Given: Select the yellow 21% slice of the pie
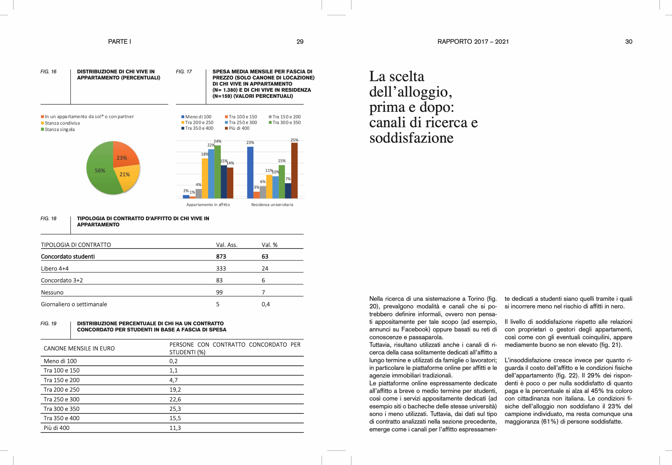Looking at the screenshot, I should click(x=125, y=175).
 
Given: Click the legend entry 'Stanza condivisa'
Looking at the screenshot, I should click(x=62, y=123).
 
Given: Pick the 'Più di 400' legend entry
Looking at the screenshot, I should click(x=239, y=128).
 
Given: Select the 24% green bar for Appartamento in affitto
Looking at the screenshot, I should click(x=218, y=172).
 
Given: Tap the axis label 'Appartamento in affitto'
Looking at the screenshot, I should click(x=208, y=205).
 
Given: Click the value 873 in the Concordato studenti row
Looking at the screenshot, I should click(x=221, y=256).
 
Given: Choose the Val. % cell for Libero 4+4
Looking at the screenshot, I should click(x=265, y=268).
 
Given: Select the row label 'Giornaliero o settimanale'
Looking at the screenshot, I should click(x=74, y=304).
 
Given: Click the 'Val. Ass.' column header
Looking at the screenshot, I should click(x=227, y=245).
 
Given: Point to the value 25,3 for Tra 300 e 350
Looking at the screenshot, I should click(x=175, y=409).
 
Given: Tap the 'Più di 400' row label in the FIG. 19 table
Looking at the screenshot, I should click(x=56, y=428).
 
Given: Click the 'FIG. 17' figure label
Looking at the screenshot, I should click(x=184, y=72).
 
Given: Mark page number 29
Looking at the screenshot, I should click(x=300, y=42).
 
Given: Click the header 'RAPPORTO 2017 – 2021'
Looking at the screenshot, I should click(x=473, y=42).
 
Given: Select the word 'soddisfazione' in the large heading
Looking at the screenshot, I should click(x=411, y=138).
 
